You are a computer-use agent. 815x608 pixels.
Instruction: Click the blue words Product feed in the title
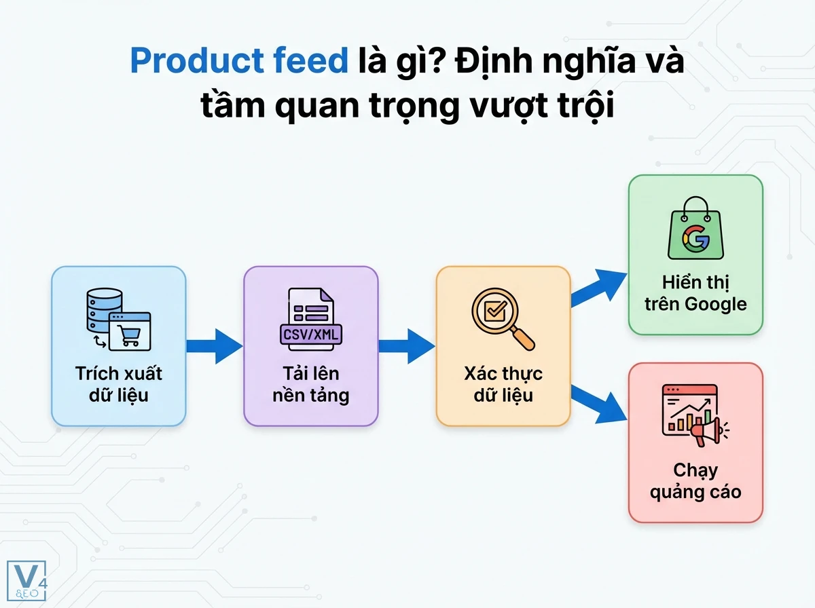[238, 61]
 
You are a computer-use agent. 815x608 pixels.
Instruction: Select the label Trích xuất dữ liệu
[119, 383]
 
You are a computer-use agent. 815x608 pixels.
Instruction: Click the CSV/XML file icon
[311, 319]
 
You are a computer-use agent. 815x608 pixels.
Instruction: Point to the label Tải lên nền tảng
[311, 384]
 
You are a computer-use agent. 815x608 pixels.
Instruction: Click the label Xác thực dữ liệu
[503, 383]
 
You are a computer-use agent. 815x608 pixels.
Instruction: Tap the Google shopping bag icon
[694, 229]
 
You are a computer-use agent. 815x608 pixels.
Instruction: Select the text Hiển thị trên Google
[695, 292]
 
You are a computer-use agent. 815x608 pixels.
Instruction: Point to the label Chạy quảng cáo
[695, 480]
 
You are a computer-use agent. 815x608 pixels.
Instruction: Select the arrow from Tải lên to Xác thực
[406, 346]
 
